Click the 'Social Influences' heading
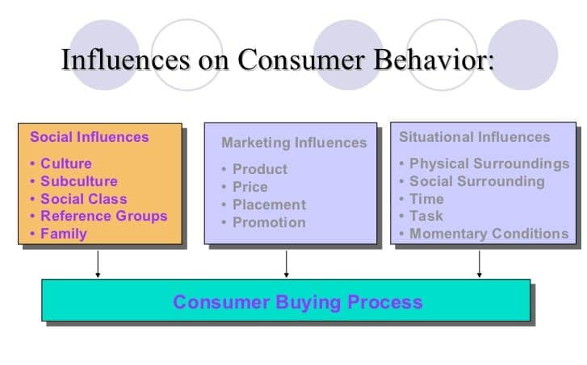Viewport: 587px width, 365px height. (x=90, y=137)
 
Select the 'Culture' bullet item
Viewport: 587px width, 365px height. (x=65, y=164)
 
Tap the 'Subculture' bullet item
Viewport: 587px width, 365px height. (x=78, y=181)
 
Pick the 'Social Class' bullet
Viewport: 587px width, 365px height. (x=83, y=199)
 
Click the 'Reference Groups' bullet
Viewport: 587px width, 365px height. (x=103, y=216)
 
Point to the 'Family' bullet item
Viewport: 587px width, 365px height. (x=63, y=234)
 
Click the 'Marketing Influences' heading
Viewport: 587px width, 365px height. (x=294, y=143)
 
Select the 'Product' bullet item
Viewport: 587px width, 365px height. (x=259, y=169)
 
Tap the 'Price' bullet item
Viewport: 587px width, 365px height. (x=249, y=187)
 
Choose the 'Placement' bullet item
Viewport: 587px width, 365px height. (x=269, y=205)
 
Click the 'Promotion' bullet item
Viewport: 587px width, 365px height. (x=269, y=222)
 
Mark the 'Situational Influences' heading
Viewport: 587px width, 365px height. (x=474, y=137)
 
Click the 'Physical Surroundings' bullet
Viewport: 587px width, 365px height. (x=488, y=164)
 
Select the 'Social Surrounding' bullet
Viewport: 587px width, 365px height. (x=476, y=181)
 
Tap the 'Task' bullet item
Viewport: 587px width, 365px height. (x=426, y=216)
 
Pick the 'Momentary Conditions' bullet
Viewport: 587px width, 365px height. (x=488, y=234)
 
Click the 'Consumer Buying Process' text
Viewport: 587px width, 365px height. (x=297, y=302)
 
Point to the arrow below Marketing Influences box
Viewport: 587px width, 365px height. (x=286, y=263)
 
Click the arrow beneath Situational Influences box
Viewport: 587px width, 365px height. (x=480, y=263)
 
